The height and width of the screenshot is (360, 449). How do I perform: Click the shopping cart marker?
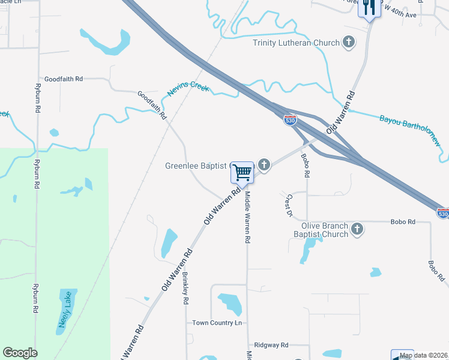pos(243,172)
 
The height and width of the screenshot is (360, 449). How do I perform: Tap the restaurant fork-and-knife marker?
pos(369,8)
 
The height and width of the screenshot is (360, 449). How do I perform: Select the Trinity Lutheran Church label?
pos(296,43)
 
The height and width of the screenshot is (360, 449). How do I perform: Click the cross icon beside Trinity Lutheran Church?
pos(349,42)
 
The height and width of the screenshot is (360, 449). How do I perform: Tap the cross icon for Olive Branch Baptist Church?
pos(357,229)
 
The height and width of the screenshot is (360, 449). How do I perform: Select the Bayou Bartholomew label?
pos(410,128)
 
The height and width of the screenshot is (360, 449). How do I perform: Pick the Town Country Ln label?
pos(217,323)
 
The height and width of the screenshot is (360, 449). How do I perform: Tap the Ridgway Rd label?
pos(271,345)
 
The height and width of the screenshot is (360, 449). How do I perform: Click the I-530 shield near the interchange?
pos(290,121)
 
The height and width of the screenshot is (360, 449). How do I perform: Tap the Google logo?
pos(20,353)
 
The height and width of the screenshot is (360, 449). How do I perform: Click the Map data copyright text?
pos(424,356)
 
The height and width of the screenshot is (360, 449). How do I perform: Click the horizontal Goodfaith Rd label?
pos(63,79)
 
